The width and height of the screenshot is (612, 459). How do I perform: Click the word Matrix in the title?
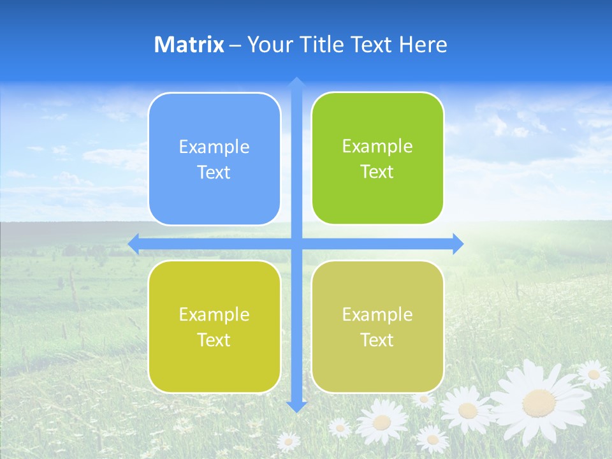point(189,45)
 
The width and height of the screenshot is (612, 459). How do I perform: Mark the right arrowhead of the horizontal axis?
point(458,244)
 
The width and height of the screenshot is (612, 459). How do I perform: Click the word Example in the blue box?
point(214,147)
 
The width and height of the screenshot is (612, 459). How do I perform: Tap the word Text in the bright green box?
point(377,172)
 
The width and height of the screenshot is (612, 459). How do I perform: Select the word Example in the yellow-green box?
point(214,315)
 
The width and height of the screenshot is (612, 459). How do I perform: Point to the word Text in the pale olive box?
point(377,340)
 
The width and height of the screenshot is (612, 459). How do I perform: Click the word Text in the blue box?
point(214,173)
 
